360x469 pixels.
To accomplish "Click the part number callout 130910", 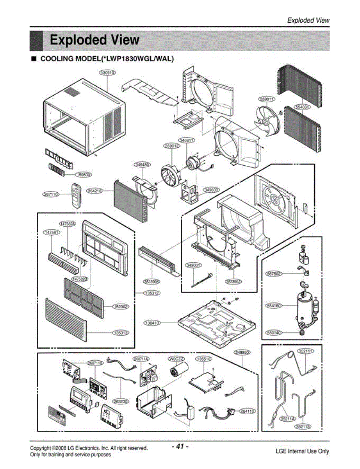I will pyautogui.click(x=106, y=73).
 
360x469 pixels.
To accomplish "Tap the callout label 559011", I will pyautogui.click(x=267, y=99).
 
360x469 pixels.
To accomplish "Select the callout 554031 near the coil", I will pyautogui.click(x=302, y=106).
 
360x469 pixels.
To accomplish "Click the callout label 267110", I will pyautogui.click(x=50, y=193).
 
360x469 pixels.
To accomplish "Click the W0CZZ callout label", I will pyautogui.click(x=176, y=359).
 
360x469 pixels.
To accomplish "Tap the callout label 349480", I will pyautogui.click(x=142, y=165).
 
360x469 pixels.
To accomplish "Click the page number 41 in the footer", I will pyautogui.click(x=180, y=446).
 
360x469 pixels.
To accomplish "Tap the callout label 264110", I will pyautogui.click(x=248, y=411).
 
